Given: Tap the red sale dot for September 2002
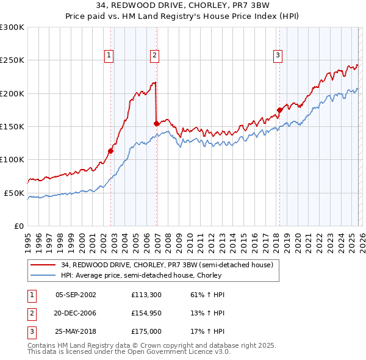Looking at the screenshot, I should pyautogui.click(x=111, y=151).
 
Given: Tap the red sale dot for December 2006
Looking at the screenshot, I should pyautogui.click(x=157, y=123).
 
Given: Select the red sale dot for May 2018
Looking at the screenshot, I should pyautogui.click(x=279, y=110).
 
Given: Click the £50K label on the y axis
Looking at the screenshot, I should pyautogui.click(x=14, y=193).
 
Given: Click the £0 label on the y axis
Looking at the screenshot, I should pyautogui.click(x=18, y=226).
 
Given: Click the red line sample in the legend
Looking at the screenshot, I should pyautogui.click(x=43, y=265).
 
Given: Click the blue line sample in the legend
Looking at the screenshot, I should pyautogui.click(x=43, y=275).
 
